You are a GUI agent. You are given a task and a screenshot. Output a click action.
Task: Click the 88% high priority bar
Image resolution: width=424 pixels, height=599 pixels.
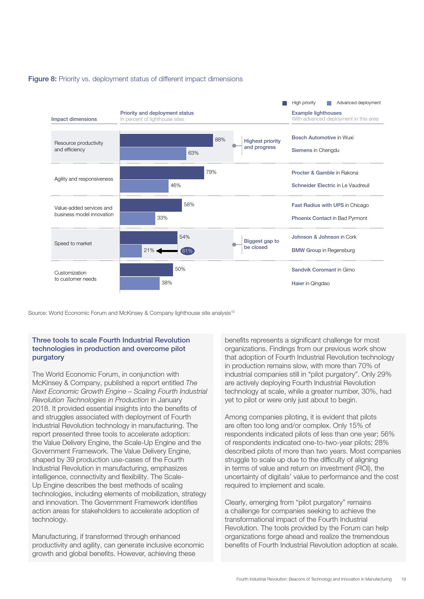tap(166, 140)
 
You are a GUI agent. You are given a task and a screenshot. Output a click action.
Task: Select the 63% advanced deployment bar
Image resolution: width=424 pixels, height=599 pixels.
tap(153, 154)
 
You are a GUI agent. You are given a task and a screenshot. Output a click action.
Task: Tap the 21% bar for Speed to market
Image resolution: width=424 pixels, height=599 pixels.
tap(131, 251)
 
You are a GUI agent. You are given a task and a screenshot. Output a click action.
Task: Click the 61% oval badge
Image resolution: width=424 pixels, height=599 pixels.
tap(187, 251)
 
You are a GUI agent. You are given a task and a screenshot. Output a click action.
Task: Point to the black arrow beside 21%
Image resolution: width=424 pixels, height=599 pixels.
tap(167, 251)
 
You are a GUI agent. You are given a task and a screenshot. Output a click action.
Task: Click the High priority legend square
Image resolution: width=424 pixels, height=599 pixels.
tap(284, 103)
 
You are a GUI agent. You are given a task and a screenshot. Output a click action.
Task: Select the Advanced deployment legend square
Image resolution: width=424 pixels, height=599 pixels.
tap(329, 103)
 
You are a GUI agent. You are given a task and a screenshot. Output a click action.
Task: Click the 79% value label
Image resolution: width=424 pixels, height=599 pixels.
tap(211, 172)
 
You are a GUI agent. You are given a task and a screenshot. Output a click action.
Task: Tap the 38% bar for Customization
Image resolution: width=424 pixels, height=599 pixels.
tap(140, 283)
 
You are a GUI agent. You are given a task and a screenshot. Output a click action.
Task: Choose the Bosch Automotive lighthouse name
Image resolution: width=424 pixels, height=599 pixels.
tap(314, 138)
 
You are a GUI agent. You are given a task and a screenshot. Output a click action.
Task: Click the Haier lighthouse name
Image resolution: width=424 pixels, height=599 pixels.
tap(298, 283)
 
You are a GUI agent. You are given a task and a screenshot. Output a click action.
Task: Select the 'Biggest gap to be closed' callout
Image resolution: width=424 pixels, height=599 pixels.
tap(261, 244)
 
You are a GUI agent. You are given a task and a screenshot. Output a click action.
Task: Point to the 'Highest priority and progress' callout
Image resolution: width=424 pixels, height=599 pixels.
tap(262, 144)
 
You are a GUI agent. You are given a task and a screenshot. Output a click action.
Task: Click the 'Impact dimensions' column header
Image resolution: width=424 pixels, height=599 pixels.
tap(74, 119)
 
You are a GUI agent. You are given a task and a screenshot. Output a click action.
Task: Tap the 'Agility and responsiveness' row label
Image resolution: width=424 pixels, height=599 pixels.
tap(84, 179)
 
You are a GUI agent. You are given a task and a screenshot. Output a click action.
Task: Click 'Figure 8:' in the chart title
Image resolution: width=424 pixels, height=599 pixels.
tap(42, 79)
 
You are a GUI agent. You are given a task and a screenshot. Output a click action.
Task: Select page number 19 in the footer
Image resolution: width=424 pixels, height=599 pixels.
tap(403, 579)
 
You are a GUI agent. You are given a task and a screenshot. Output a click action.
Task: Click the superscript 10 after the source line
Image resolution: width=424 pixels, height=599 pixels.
tap(233, 311)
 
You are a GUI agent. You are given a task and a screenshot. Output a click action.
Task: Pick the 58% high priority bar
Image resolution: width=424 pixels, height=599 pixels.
tap(150, 205)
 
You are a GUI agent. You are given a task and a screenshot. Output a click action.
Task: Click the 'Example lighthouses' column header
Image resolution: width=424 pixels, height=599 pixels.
tap(317, 113)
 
